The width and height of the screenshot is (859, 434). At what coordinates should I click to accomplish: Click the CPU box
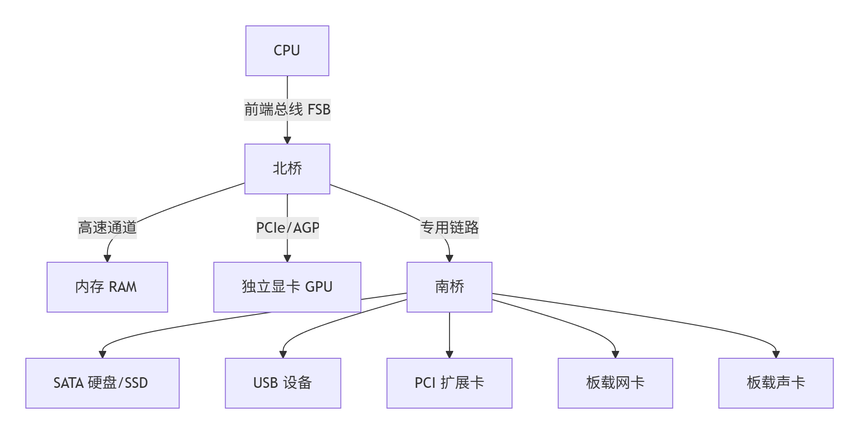(x=287, y=51)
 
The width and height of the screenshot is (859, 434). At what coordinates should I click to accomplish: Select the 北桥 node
(x=287, y=169)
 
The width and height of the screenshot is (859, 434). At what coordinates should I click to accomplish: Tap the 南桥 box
(x=449, y=287)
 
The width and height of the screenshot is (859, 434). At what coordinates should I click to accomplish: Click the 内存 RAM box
(x=107, y=287)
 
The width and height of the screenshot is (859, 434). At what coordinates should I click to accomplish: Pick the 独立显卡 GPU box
(x=287, y=287)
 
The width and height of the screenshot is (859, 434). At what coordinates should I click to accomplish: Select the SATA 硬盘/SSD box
(x=102, y=383)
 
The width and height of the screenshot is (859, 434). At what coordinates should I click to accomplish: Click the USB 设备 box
(x=283, y=383)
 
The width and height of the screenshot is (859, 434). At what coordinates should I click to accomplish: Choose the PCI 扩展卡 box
(x=449, y=383)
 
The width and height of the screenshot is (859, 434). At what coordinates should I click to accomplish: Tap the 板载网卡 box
(x=615, y=383)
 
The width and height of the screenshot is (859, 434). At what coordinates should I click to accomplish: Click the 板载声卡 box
(x=775, y=383)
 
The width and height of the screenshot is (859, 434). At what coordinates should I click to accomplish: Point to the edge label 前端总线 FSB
(x=287, y=110)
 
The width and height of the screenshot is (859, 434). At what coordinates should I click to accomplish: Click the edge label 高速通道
(x=107, y=228)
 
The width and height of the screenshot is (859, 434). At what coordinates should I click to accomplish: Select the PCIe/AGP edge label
(x=287, y=228)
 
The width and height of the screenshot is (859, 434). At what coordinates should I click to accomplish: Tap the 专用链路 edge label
(x=449, y=228)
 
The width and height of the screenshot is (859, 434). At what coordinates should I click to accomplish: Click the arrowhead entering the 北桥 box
(x=287, y=140)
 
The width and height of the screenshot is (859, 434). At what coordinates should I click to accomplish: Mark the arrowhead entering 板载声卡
(x=775, y=354)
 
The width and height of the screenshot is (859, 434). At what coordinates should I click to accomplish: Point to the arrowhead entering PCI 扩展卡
(x=449, y=354)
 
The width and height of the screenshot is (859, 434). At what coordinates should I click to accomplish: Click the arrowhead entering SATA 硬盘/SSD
(x=102, y=354)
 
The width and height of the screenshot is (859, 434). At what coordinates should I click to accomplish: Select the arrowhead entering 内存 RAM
(x=107, y=258)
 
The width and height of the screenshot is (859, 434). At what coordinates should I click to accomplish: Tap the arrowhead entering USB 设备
(x=283, y=354)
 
